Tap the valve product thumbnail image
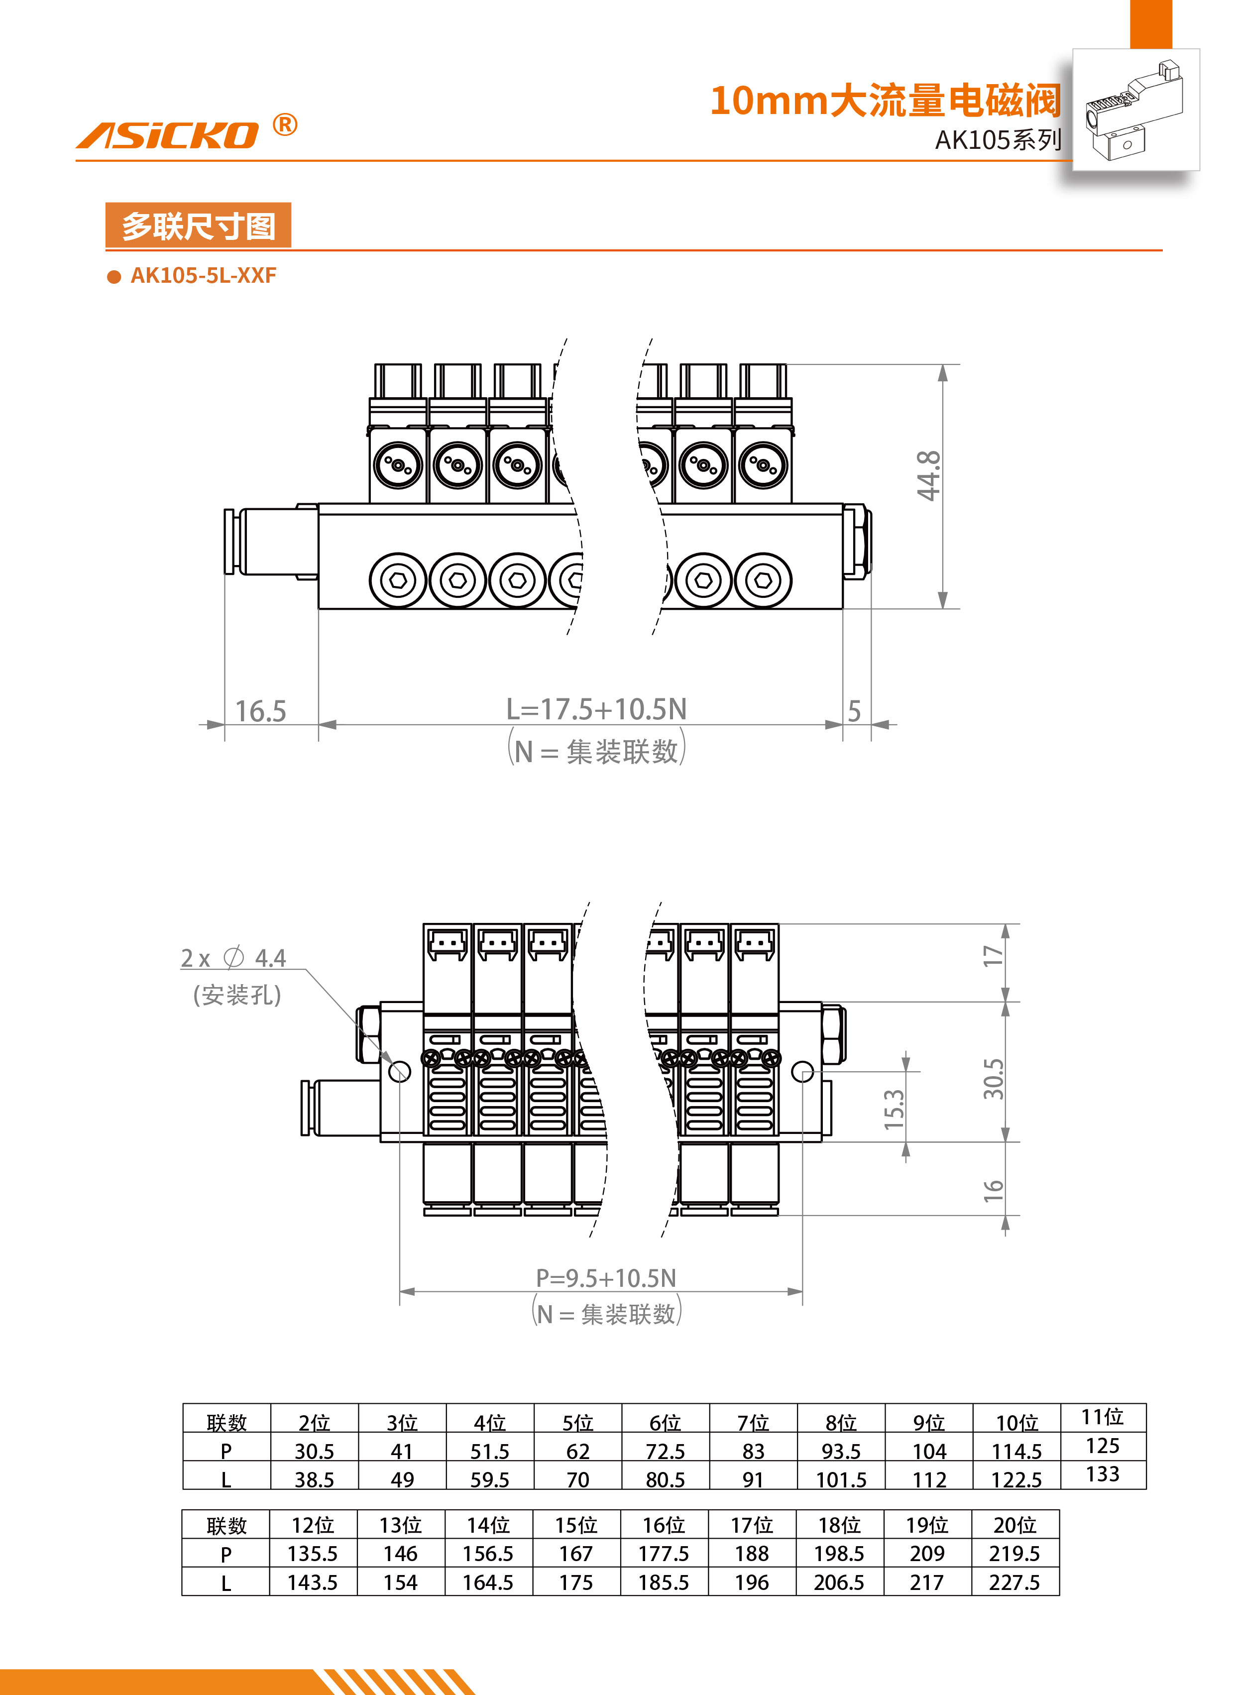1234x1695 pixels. (1135, 110)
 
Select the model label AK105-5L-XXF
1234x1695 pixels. (203, 276)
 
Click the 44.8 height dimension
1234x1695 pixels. (929, 475)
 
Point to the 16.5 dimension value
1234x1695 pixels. (261, 711)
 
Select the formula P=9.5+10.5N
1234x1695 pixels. (605, 1278)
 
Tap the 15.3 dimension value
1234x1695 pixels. (894, 1109)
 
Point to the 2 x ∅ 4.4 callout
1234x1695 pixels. (233, 958)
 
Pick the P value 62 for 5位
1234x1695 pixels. (578, 1452)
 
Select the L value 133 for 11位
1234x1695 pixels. (1103, 1474)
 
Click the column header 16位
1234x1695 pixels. (664, 1525)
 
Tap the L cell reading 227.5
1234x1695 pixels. (1014, 1582)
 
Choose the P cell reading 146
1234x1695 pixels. (401, 1554)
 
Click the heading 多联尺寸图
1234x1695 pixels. (198, 226)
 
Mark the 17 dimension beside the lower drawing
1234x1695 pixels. (993, 956)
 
